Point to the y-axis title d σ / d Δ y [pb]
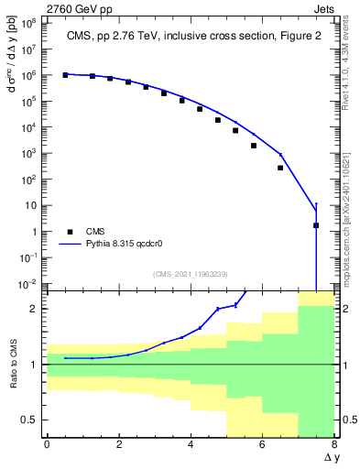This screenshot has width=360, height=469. pos(12,69)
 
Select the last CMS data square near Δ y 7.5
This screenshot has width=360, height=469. pos(316,225)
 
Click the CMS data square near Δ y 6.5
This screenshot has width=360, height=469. pos(280,168)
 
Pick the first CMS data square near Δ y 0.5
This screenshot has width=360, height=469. pos(65,75)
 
